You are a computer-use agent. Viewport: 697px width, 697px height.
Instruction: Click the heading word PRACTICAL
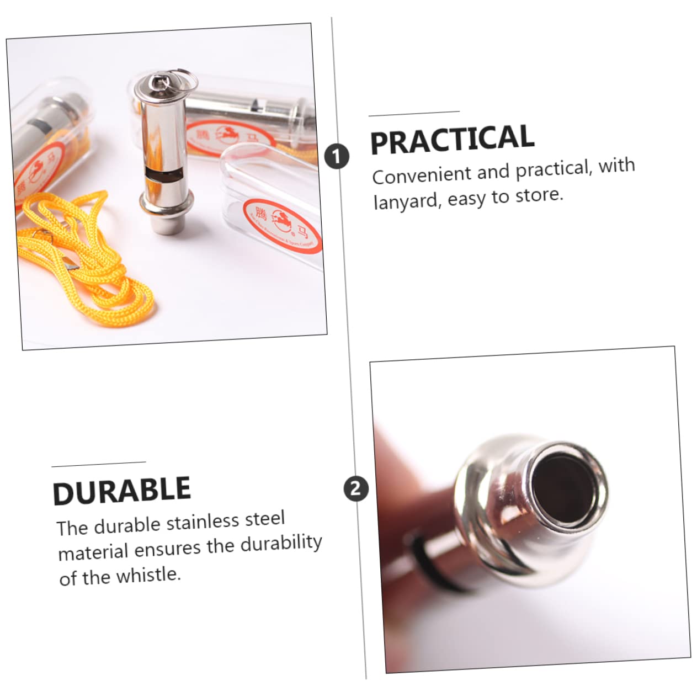coord(452,140)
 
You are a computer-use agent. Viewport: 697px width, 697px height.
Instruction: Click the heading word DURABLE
coord(121,491)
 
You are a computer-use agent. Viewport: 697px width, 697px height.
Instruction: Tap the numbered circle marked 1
coord(337,157)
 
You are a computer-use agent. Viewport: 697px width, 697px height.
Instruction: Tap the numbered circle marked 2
coord(356,489)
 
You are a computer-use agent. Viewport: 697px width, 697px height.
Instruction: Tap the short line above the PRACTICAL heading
coord(414,114)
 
